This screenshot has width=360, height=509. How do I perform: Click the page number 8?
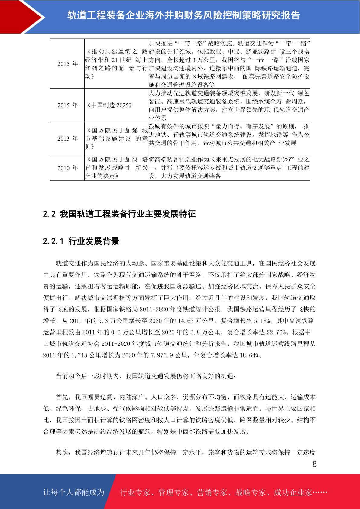[x=315, y=464]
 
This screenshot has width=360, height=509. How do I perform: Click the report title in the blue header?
[x=183, y=15]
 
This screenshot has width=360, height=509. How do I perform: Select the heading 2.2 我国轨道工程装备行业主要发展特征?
[x=119, y=214]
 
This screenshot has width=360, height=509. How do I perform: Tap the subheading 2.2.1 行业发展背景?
[x=81, y=241]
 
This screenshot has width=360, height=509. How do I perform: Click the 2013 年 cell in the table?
[x=67, y=138]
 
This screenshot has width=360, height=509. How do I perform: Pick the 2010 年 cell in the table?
[x=67, y=168]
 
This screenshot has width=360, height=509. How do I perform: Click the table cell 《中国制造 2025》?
[x=109, y=105]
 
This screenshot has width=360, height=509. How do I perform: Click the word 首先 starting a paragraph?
[x=62, y=397]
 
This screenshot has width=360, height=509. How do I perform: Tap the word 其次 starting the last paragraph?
[x=62, y=452]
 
